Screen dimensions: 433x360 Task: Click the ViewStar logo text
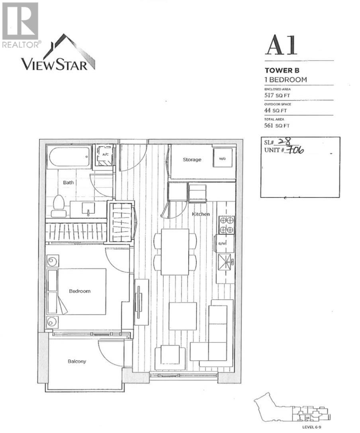pyautogui.click(x=54, y=64)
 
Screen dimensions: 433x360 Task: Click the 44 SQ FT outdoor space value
pyautogui.click(x=274, y=111)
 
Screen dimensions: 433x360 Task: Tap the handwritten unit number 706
pyautogui.click(x=295, y=150)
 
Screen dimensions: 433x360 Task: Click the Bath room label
pyautogui.click(x=68, y=183)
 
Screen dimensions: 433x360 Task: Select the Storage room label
pyautogui.click(x=192, y=160)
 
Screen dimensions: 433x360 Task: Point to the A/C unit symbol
pyautogui.click(x=105, y=155)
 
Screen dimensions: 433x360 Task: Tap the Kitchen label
pyautogui.click(x=201, y=214)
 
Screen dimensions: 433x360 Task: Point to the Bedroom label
pyautogui.click(x=80, y=291)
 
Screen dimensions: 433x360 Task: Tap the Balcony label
pyautogui.click(x=77, y=361)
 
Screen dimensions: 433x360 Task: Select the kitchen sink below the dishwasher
pyautogui.click(x=225, y=261)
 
